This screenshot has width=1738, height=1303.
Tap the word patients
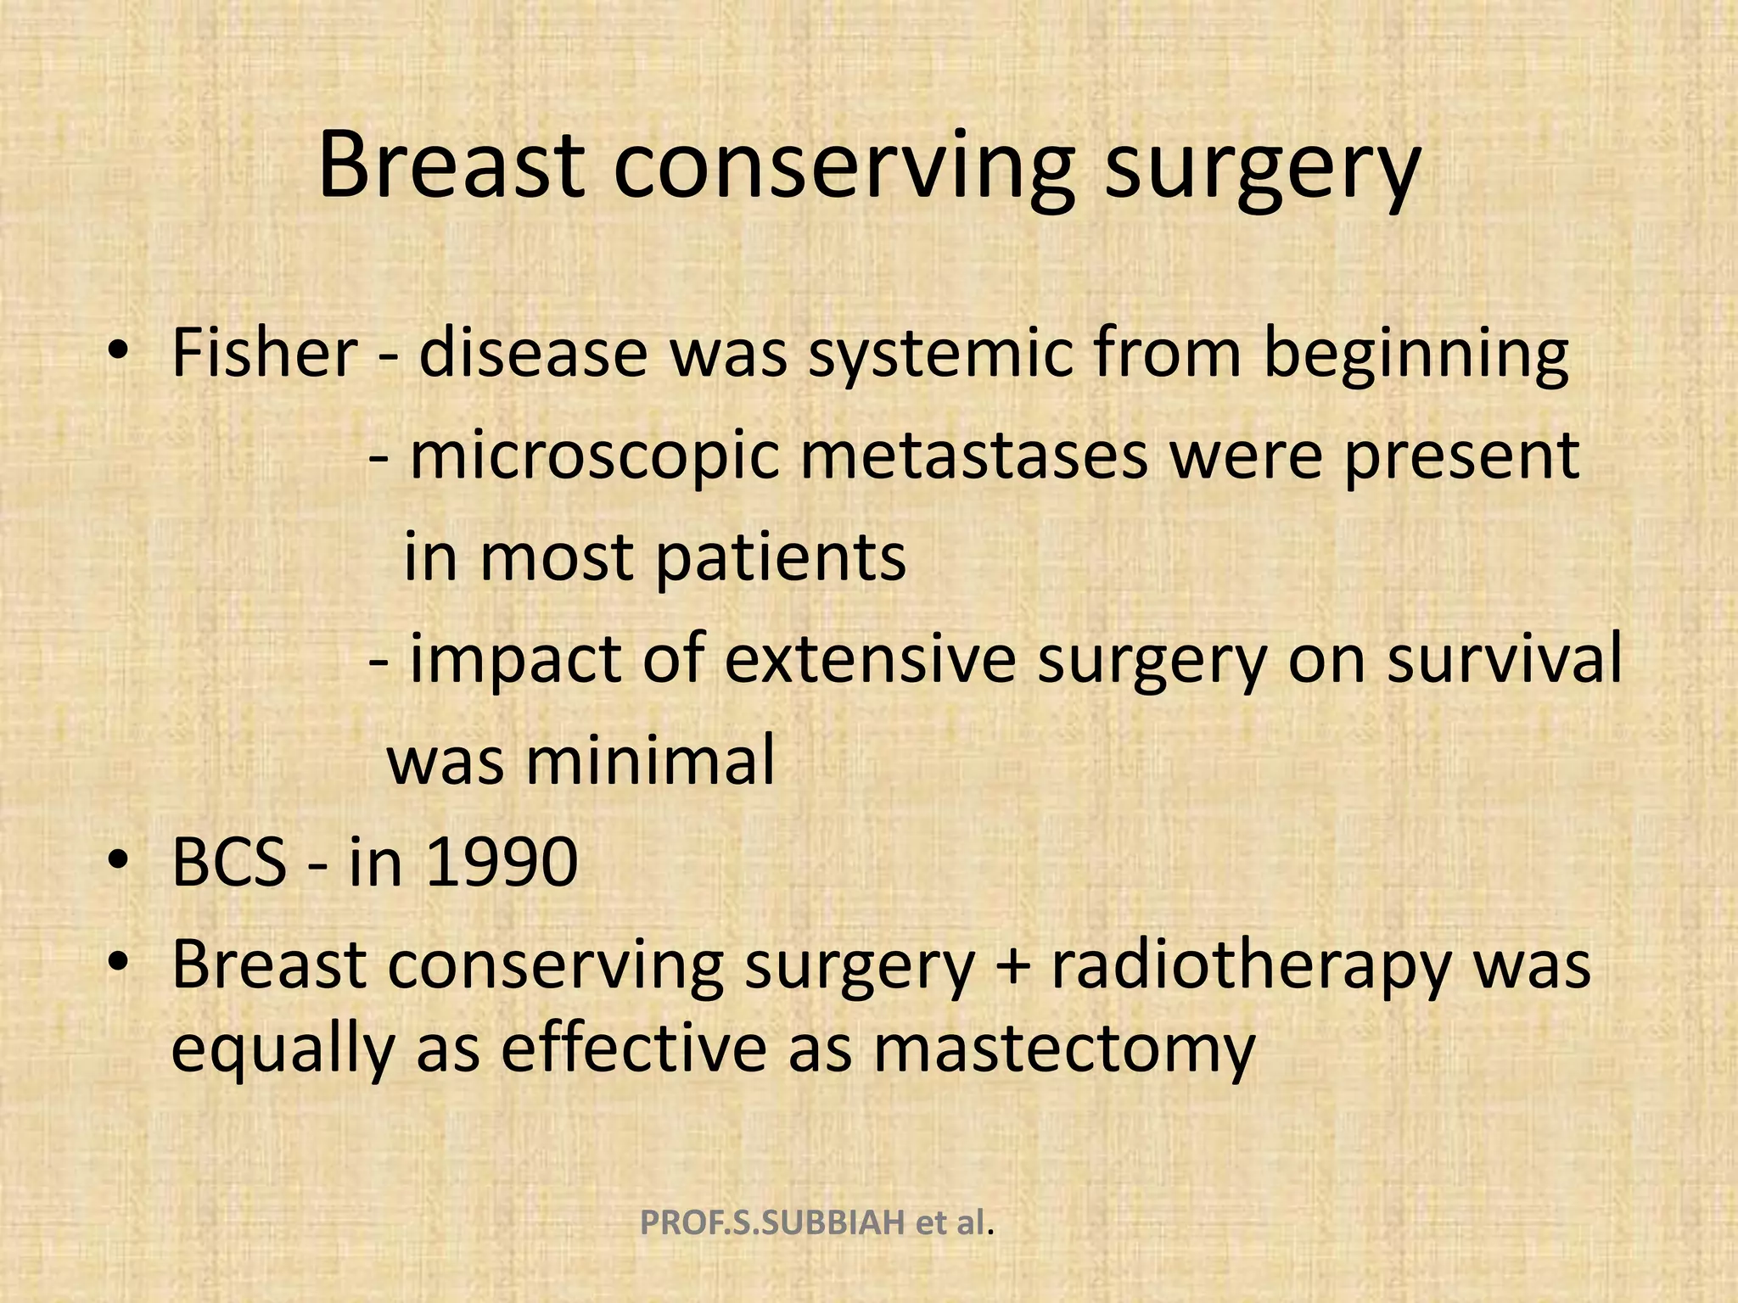tap(781, 557)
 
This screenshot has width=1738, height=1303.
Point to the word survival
tap(1504, 658)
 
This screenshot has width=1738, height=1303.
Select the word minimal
tap(650, 760)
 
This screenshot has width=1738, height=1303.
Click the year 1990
tap(502, 862)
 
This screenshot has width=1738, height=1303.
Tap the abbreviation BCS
tap(229, 862)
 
